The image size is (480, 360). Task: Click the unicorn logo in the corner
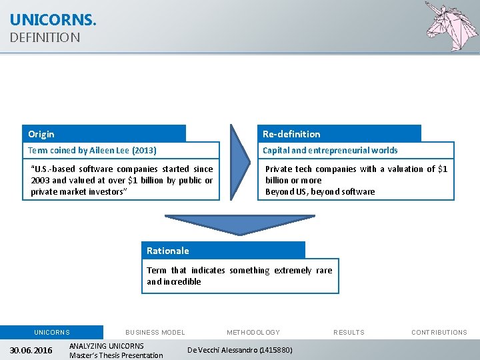coord(451,27)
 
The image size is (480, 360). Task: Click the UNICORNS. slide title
coord(53,20)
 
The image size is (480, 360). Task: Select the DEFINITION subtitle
coord(45,38)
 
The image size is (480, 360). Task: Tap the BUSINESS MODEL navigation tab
coord(155,332)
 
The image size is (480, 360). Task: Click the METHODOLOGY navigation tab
coord(253,332)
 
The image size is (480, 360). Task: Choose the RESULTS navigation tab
coord(349,332)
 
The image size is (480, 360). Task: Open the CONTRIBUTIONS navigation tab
coord(439,332)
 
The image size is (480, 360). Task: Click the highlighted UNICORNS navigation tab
coord(52,332)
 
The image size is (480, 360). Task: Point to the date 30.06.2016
coord(31,351)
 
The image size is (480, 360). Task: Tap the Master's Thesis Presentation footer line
coord(116,355)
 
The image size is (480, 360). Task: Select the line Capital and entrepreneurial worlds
coord(330,151)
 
